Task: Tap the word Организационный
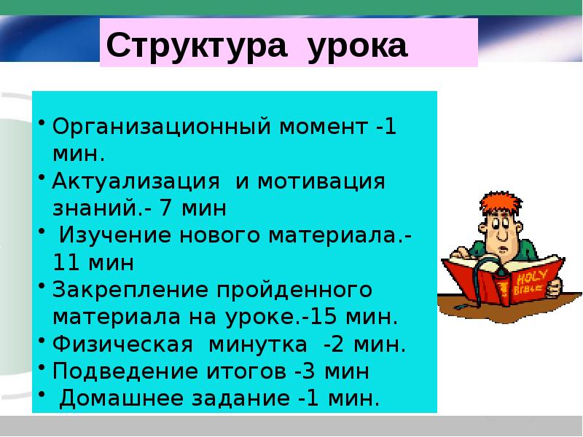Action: pos(161,126)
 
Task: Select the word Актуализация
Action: pos(136,182)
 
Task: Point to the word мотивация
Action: pos(321,182)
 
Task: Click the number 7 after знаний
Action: pos(166,208)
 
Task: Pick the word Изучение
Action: pos(115,235)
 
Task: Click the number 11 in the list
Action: pos(66,262)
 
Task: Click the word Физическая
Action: pos(122,344)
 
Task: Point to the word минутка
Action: pos(258,345)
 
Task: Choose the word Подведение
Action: pos(126,371)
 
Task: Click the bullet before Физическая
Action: pos(42,340)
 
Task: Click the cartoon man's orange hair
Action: pos(501,203)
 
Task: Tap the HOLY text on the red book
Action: pos(532,277)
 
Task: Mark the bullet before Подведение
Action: pos(42,367)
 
